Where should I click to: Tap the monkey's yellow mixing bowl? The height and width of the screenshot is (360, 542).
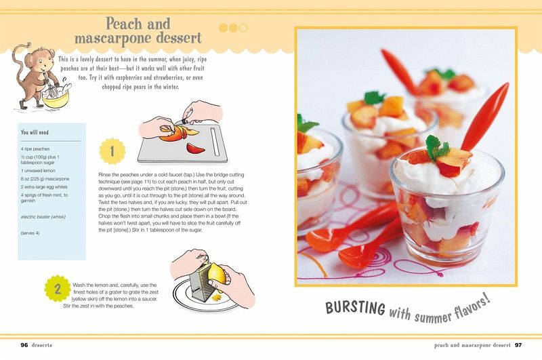tap(56, 98)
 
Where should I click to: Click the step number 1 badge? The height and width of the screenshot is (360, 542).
tap(112, 151)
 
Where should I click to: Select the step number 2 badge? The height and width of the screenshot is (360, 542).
tap(58, 289)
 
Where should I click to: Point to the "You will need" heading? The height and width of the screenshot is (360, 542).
tap(35, 132)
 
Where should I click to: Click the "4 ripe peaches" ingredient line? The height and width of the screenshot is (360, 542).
tap(35, 148)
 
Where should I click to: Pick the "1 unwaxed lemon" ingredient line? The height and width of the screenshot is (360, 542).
tap(38, 170)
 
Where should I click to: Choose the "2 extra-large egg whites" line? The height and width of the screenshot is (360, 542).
tap(44, 186)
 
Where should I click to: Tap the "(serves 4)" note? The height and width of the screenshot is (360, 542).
tap(30, 233)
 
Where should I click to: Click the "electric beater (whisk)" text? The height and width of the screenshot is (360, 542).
tap(43, 217)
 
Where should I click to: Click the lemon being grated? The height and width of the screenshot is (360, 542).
tap(216, 273)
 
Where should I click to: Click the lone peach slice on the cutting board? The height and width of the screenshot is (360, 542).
tap(195, 148)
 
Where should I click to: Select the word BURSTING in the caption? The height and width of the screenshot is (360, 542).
tap(355, 307)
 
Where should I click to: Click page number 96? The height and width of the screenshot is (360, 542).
tap(24, 345)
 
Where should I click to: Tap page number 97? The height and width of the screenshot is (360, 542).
tap(518, 345)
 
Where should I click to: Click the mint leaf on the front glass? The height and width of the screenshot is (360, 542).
tap(436, 146)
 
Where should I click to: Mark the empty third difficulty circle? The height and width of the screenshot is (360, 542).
tap(243, 28)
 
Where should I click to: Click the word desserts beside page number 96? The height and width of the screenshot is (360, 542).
tap(41, 345)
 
